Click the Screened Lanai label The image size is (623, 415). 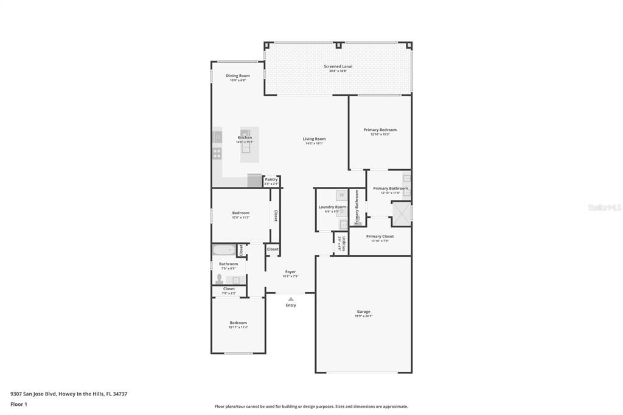tap(338, 66)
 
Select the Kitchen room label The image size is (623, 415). tap(245, 138)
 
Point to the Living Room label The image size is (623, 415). tap(314, 139)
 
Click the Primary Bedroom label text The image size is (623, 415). tap(380, 130)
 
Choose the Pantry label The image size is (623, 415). tap(271, 180)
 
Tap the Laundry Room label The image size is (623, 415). tap(332, 207)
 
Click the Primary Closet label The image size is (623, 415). tap(380, 236)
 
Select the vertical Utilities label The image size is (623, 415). tap(344, 243)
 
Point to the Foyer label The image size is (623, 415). tap(290, 272)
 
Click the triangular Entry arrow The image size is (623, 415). tap(291, 299)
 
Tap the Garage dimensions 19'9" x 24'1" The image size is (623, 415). tap(363, 316)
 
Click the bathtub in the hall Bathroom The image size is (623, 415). tap(223, 249)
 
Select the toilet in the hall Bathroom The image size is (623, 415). tap(220, 279)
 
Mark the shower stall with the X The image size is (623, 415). tap(400, 212)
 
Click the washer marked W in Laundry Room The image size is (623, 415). tap(341, 195)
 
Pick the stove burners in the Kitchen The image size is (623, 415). tap(217, 153)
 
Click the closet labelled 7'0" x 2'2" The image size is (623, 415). tap(229, 291)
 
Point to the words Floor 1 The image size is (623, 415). tap(19, 404)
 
